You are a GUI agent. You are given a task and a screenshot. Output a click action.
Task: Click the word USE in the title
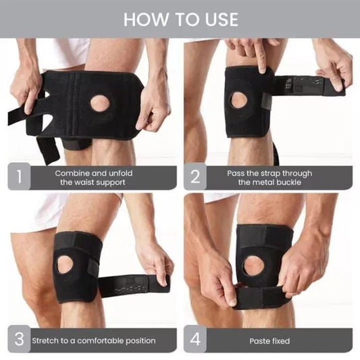tap(222, 20)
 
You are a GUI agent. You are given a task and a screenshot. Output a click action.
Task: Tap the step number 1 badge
tap(19, 176)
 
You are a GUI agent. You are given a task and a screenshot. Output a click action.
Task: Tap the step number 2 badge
tap(195, 176)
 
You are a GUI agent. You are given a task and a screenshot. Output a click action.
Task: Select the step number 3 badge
tap(19, 338)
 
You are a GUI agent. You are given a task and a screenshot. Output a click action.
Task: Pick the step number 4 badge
tap(195, 338)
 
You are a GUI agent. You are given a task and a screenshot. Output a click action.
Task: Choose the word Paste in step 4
tap(258, 341)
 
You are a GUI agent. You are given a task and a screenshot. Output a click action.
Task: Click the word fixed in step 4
tap(279, 341)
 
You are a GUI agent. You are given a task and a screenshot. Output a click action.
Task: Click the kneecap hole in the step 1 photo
tap(101, 103)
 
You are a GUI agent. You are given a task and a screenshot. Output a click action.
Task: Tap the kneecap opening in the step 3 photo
tap(65, 265)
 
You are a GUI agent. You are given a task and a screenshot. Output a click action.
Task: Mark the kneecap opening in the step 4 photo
tap(253, 265)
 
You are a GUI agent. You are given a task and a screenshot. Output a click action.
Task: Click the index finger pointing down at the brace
tap(260, 57)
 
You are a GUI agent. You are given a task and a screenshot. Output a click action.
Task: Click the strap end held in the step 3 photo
tap(159, 283)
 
